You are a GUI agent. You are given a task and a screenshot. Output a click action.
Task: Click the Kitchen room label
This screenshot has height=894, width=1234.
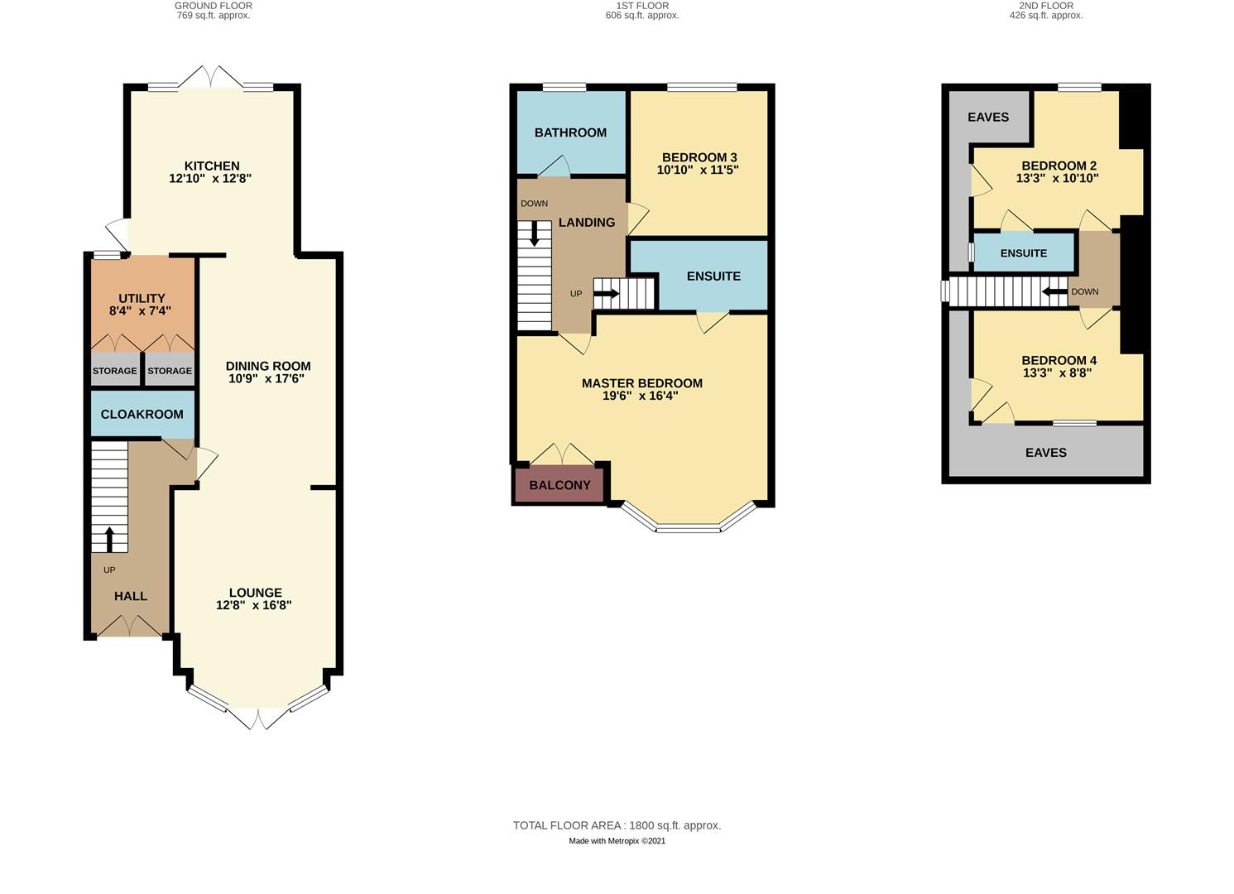(212, 166)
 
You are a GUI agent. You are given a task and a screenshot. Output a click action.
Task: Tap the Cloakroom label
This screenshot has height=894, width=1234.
(142, 414)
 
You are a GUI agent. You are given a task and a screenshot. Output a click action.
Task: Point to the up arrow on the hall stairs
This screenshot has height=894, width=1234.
(108, 538)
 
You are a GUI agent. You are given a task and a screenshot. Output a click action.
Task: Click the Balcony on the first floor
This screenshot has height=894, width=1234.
(559, 485)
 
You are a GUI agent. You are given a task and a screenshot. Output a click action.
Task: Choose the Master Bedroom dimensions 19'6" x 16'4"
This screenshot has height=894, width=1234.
(641, 396)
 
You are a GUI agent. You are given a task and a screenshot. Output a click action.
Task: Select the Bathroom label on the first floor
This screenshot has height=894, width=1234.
(570, 132)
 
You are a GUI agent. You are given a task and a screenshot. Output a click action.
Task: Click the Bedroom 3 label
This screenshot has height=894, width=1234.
(699, 157)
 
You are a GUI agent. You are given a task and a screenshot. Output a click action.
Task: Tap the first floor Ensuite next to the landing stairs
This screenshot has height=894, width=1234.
(713, 276)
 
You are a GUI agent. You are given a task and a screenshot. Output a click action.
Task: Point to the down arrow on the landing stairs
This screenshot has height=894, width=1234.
(535, 233)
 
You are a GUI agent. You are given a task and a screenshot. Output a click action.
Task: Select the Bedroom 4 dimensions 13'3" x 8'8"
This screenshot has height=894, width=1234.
(1058, 372)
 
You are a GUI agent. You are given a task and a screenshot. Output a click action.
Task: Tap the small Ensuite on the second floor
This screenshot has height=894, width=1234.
(1024, 253)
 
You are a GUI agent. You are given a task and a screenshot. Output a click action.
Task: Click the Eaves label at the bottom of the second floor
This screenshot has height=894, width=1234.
(1046, 452)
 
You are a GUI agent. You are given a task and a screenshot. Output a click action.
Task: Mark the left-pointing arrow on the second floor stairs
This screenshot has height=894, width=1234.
(1054, 291)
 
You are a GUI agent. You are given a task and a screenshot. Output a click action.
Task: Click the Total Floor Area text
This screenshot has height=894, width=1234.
(617, 825)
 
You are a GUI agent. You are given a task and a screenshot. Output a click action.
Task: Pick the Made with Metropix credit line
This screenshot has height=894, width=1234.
(617, 841)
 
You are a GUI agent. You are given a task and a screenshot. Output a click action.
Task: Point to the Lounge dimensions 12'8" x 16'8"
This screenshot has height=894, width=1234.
(254, 605)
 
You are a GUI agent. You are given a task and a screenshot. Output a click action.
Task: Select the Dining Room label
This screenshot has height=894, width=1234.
(268, 366)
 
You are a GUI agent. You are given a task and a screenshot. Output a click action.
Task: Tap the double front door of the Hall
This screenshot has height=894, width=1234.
(130, 627)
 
